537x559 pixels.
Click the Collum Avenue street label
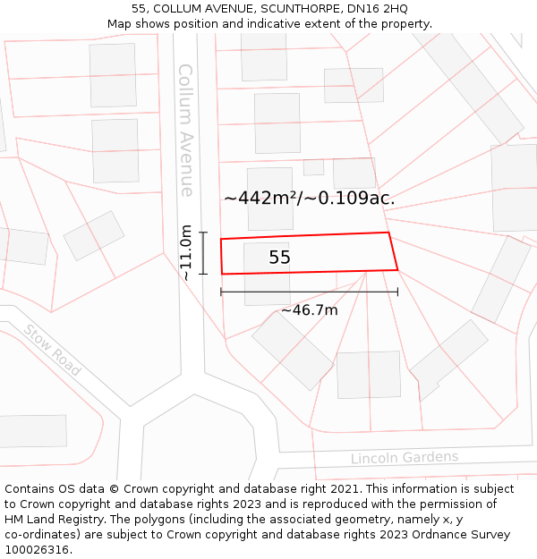tap(185, 130)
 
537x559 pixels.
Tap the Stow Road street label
tap(53, 349)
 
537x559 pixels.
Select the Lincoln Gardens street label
tap(404, 458)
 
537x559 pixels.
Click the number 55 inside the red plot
tap(279, 258)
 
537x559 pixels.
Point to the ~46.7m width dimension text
tap(309, 310)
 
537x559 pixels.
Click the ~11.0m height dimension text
tap(186, 252)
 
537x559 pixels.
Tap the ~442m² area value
tap(259, 199)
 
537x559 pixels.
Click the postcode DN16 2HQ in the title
tap(379, 9)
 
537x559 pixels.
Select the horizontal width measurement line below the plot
tap(309, 292)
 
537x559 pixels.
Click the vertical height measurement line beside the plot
tap(203, 253)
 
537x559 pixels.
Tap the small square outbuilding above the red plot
tap(313, 167)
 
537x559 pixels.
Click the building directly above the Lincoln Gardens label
tap(369, 375)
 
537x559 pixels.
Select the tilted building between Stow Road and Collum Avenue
tap(94, 235)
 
